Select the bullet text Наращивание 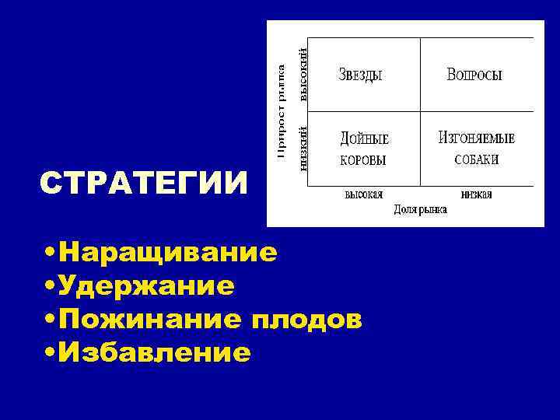coord(167,252)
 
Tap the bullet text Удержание coord(147,286)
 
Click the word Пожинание coord(152,320)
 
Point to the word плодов coord(306,320)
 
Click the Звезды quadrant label coord(361,75)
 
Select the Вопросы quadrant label coord(474,75)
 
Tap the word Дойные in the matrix coord(364,139)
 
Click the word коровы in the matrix coord(363,159)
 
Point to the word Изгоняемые coord(477,138)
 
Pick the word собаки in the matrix coord(476,159)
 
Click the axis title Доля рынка coord(420,209)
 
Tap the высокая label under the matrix coord(363,194)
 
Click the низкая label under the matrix coord(476,194)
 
